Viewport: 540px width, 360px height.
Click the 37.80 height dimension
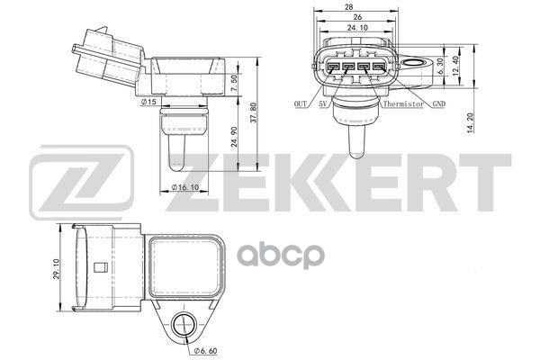pyautogui.click(x=253, y=113)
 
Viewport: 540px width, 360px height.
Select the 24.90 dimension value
pyautogui.click(x=235, y=137)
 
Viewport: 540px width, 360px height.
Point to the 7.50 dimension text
pyautogui.click(x=234, y=83)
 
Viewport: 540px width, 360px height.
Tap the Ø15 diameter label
pyautogui.click(x=148, y=102)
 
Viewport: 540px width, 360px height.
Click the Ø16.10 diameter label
pyautogui.click(x=185, y=187)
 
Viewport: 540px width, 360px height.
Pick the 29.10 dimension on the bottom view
pyautogui.click(x=57, y=269)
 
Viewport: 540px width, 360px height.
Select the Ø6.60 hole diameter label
pyautogui.click(x=205, y=351)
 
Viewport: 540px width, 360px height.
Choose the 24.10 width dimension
pyautogui.click(x=357, y=28)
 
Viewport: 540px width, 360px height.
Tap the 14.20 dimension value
pyautogui.click(x=471, y=122)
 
